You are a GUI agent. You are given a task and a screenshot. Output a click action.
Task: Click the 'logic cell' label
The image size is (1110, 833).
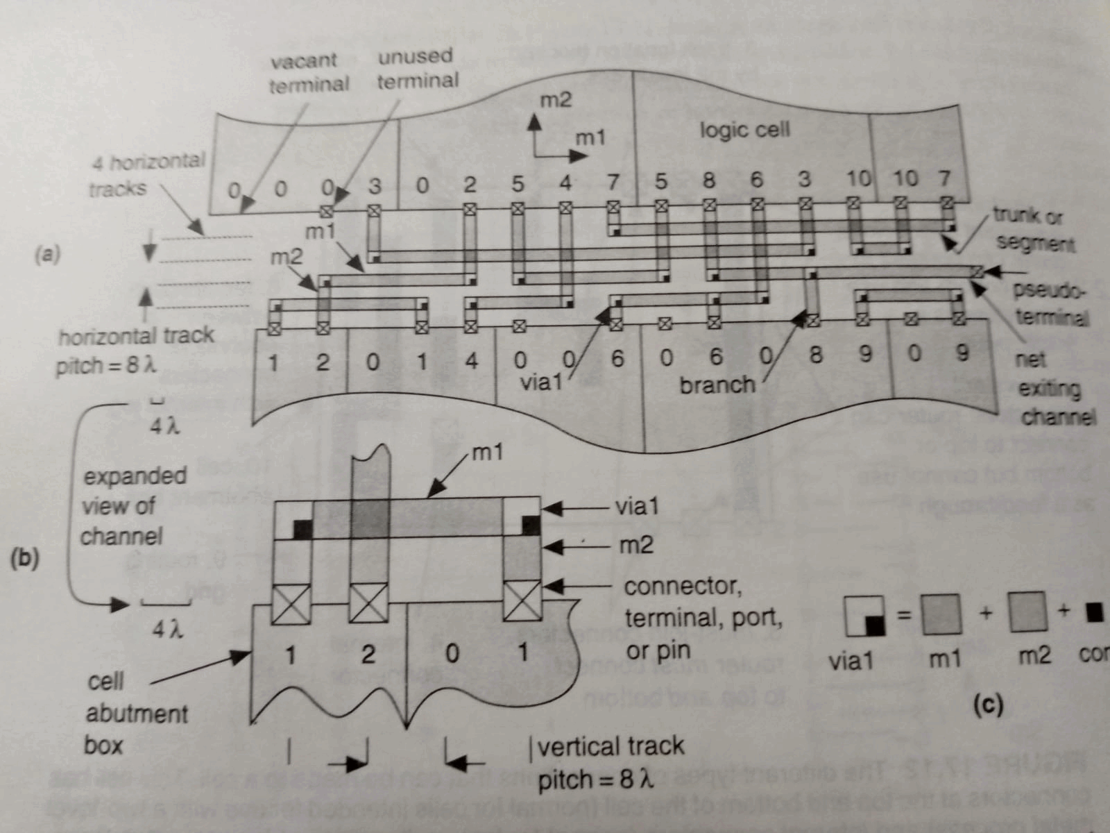(744, 130)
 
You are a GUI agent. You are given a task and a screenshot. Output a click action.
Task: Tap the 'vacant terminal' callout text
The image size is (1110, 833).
(308, 72)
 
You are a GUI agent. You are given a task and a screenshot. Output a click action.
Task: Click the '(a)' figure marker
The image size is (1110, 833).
(47, 254)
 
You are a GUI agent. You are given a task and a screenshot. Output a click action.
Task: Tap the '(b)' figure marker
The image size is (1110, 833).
(24, 558)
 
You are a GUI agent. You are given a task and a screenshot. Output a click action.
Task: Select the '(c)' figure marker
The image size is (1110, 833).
(987, 705)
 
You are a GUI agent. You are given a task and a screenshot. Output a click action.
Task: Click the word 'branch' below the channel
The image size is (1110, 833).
(717, 384)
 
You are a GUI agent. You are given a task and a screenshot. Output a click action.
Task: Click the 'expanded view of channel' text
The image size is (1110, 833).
(132, 506)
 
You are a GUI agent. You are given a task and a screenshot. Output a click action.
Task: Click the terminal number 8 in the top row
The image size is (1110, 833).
(708, 180)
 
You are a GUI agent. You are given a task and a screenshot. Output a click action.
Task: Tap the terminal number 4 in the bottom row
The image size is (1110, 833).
(471, 361)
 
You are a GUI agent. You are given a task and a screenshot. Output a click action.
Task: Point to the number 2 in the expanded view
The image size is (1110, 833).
(368, 654)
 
